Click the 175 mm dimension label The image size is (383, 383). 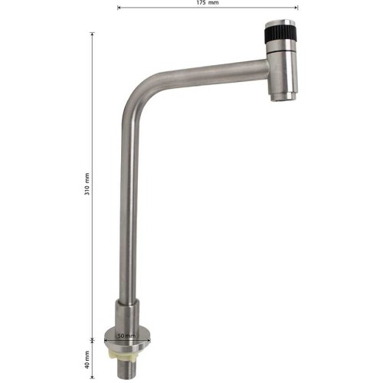pos(208,3)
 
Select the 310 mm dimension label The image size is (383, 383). pos(87,184)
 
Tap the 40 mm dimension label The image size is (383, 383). pos(87,359)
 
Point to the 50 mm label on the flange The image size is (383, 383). pos(126,336)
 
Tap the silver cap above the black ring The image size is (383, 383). pos(280,23)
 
